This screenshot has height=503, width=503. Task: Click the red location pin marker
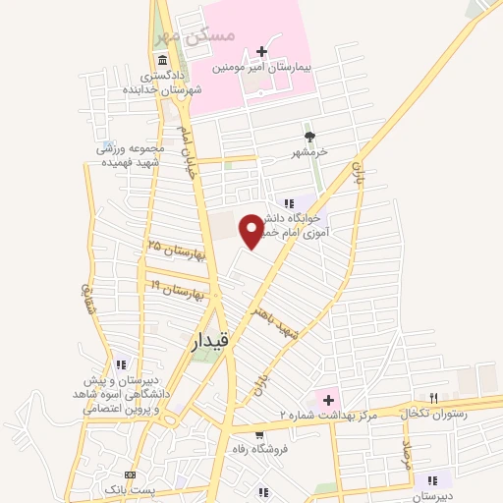click(253, 230)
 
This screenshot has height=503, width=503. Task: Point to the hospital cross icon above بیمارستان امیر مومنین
click(261, 51)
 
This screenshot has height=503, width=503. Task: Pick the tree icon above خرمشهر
click(309, 137)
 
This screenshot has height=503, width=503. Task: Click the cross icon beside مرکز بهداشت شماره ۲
click(328, 401)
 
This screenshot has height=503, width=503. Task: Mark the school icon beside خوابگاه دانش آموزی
click(288, 201)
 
